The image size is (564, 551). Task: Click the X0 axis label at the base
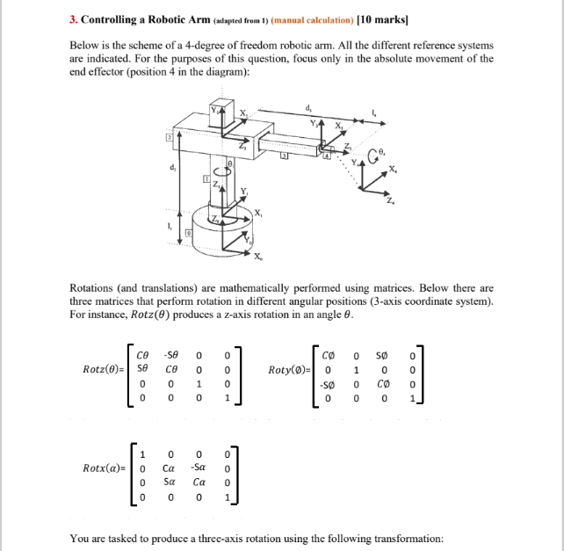(x=257, y=257)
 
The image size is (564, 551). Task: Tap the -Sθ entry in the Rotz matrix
(x=172, y=355)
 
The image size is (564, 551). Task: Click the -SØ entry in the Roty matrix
(x=329, y=385)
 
